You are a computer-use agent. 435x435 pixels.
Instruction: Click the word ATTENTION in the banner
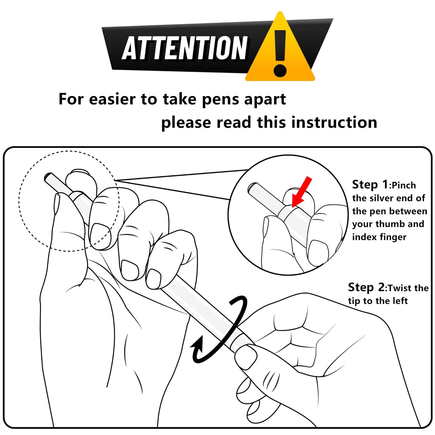[x=185, y=48]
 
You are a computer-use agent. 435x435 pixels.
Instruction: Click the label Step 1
[x=370, y=184]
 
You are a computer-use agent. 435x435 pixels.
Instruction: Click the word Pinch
[x=404, y=185]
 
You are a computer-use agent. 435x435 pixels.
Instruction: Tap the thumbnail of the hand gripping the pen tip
[x=246, y=357]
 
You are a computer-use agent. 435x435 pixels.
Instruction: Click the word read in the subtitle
[x=234, y=122]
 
